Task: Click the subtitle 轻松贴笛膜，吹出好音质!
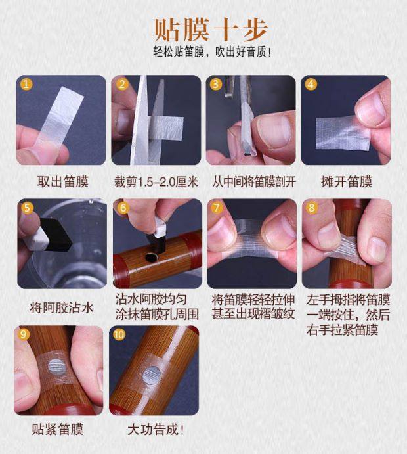[213, 53]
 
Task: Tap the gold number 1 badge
[26, 84]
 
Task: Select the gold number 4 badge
[311, 84]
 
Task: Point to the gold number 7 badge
[217, 208]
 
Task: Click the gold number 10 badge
[119, 334]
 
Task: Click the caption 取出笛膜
[63, 182]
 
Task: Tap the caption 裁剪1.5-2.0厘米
[156, 182]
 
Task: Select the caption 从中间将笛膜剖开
[254, 182]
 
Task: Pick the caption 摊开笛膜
[346, 182]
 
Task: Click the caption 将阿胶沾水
[62, 307]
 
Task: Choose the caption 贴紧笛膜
[58, 429]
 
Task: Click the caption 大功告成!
[156, 430]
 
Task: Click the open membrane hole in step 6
[151, 257]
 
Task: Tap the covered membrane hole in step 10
[151, 375]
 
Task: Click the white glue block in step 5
[39, 237]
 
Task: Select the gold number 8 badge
[312, 208]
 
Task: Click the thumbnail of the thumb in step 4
[372, 108]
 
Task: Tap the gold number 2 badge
[122, 84]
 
